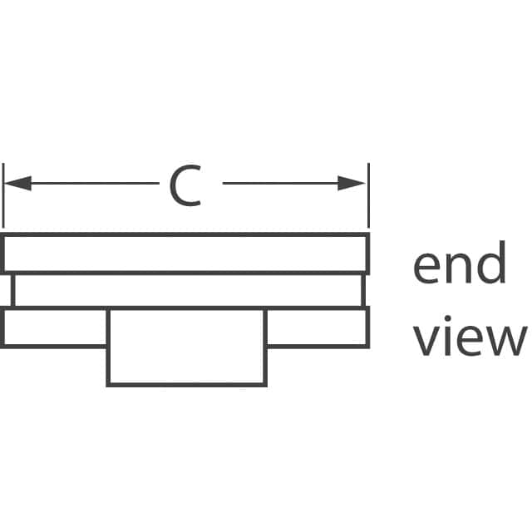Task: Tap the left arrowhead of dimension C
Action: pos(17,184)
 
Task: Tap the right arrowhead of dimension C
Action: pos(352,184)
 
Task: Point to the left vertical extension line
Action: pos(3,199)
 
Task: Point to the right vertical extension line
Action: pos(367,199)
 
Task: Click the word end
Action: pos(460,266)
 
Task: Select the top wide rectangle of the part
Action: pos(185,254)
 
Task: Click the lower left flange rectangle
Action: pos(55,328)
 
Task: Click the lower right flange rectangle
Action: pos(317,328)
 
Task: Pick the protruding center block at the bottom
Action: pos(186,347)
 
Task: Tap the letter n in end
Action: pos(460,269)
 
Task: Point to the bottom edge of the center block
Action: pos(186,385)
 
